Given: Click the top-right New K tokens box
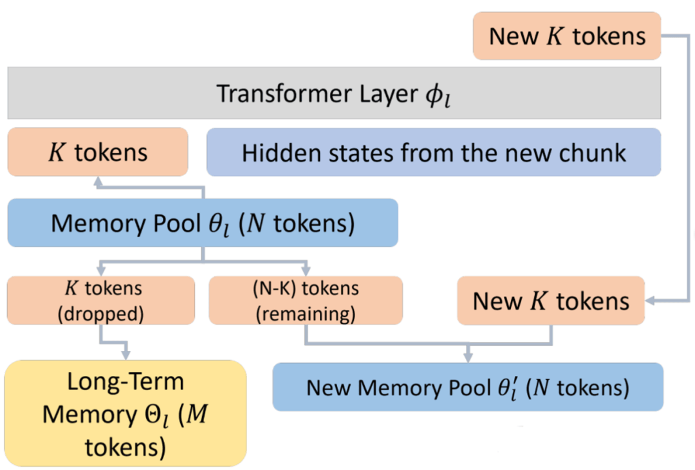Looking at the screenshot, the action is coord(567,36).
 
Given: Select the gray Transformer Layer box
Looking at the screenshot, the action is coord(334,93).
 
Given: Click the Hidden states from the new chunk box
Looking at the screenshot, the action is coord(434,152).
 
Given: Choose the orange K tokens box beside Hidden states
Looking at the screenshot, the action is coord(98,152).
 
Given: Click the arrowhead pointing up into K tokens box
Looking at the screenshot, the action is coord(98,182).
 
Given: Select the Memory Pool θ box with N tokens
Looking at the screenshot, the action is coord(203,223).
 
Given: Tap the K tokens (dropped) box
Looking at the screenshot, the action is coord(101,301).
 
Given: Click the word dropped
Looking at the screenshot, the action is coord(100,314).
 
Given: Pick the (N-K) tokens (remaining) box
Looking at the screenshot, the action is coord(306,301).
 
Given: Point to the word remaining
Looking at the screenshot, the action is coord(306,314).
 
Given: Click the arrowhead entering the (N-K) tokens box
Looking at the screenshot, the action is coord(306,270).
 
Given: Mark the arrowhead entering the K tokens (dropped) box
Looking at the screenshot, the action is coord(101,270).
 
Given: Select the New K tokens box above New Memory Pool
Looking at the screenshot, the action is coord(551,301).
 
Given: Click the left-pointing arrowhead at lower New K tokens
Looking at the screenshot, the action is coord(650,301).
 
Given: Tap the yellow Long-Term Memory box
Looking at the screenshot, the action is coord(125,413).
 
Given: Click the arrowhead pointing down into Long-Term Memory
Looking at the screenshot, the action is coord(126,354).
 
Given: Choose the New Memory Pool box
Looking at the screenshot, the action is coord(468,387).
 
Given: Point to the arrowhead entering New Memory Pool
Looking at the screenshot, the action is coord(468,357).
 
